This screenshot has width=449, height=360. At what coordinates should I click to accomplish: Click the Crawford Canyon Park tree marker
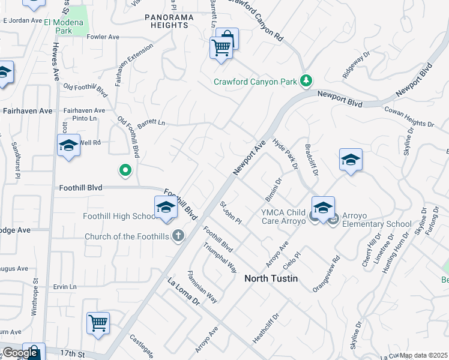coord(307,80)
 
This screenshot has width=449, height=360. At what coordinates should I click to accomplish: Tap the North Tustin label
coord(271,279)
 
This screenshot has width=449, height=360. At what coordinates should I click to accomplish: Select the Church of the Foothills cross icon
coord(178,236)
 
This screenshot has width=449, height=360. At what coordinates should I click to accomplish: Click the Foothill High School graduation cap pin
coord(166,208)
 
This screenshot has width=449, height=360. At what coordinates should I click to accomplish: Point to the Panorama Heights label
coord(170,21)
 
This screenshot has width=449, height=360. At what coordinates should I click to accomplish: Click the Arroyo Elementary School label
coord(377,224)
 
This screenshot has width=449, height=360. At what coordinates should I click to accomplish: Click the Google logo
coord(19,353)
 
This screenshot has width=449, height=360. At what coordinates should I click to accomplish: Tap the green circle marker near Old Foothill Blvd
coord(125,171)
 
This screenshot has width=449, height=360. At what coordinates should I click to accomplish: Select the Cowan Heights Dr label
coord(409,117)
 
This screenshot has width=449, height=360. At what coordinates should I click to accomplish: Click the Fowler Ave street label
coord(103,37)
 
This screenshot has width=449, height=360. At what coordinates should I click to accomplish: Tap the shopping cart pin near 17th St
coord(98,323)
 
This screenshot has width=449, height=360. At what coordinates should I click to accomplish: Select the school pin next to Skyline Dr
coord(351,160)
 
